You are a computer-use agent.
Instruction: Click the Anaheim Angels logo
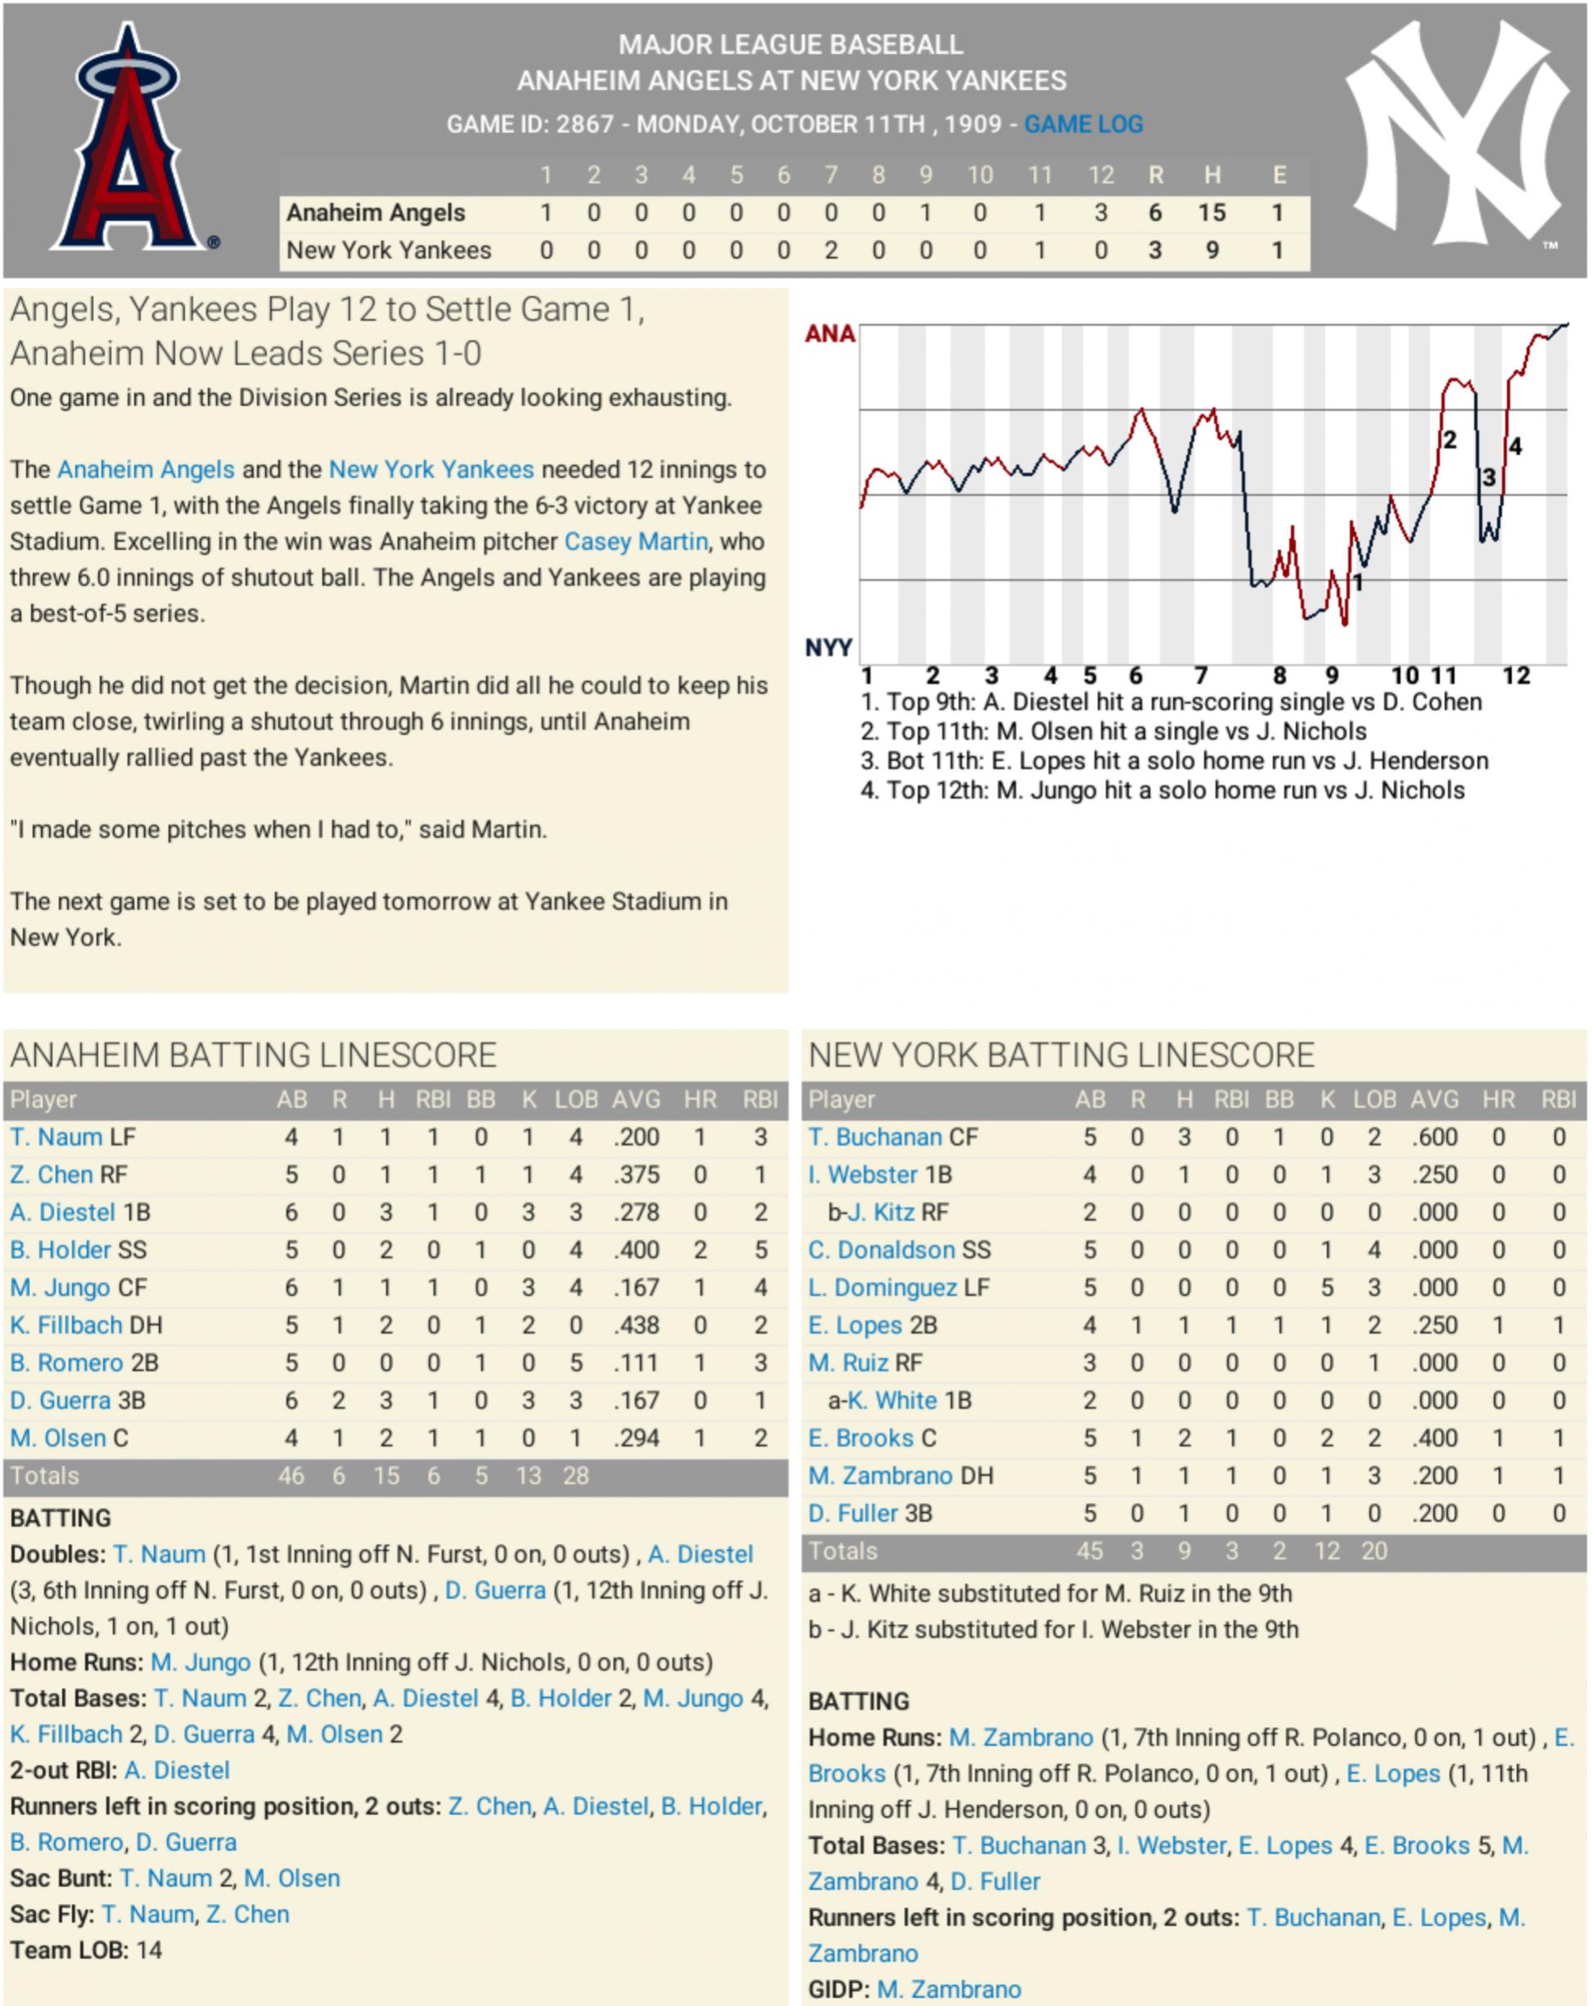129,140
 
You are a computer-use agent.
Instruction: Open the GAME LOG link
1083,124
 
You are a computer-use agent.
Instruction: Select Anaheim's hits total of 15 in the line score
1211,213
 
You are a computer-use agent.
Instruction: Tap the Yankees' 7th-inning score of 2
831,250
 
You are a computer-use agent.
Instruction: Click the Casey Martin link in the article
635,542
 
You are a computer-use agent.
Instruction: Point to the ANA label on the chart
829,334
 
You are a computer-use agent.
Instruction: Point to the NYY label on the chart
828,647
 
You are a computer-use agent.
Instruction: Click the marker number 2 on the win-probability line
1449,440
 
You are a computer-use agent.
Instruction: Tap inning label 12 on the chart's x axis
1516,675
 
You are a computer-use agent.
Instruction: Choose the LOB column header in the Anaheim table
576,1100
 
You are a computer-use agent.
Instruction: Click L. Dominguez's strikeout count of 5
1327,1287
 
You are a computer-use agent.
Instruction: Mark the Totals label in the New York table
843,1551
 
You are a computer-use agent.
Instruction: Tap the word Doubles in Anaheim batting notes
56,1555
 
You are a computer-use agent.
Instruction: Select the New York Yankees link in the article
431,470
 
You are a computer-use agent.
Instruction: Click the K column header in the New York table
1327,1100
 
